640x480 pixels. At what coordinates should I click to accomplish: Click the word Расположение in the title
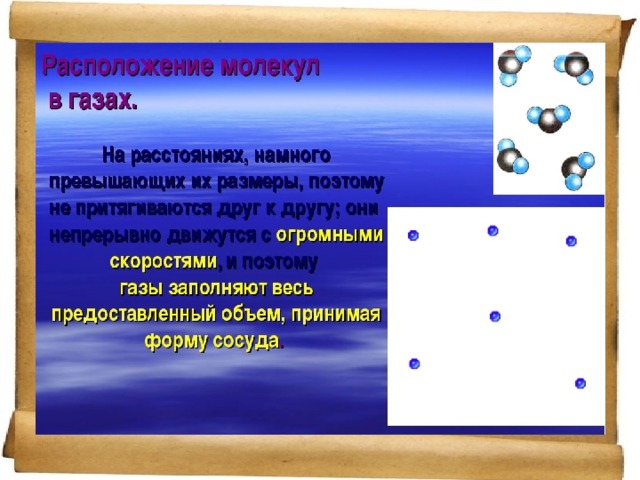[127, 67]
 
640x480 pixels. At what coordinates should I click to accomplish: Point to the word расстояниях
[189, 156]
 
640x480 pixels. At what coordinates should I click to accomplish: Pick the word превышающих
[117, 182]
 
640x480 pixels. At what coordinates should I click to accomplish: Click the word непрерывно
[104, 236]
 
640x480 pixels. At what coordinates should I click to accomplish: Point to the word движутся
[211, 236]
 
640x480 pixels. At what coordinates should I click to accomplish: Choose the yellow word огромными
[330, 235]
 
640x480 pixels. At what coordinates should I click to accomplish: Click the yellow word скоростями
[163, 261]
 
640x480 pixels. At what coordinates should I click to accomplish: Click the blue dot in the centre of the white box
[495, 316]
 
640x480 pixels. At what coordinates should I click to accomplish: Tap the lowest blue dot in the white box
[580, 383]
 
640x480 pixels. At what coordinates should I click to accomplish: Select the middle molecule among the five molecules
[549, 118]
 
